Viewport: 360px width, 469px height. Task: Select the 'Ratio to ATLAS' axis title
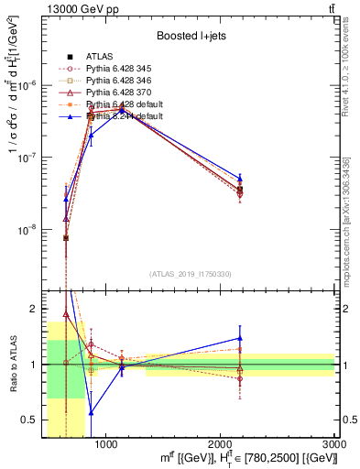[12, 364]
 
